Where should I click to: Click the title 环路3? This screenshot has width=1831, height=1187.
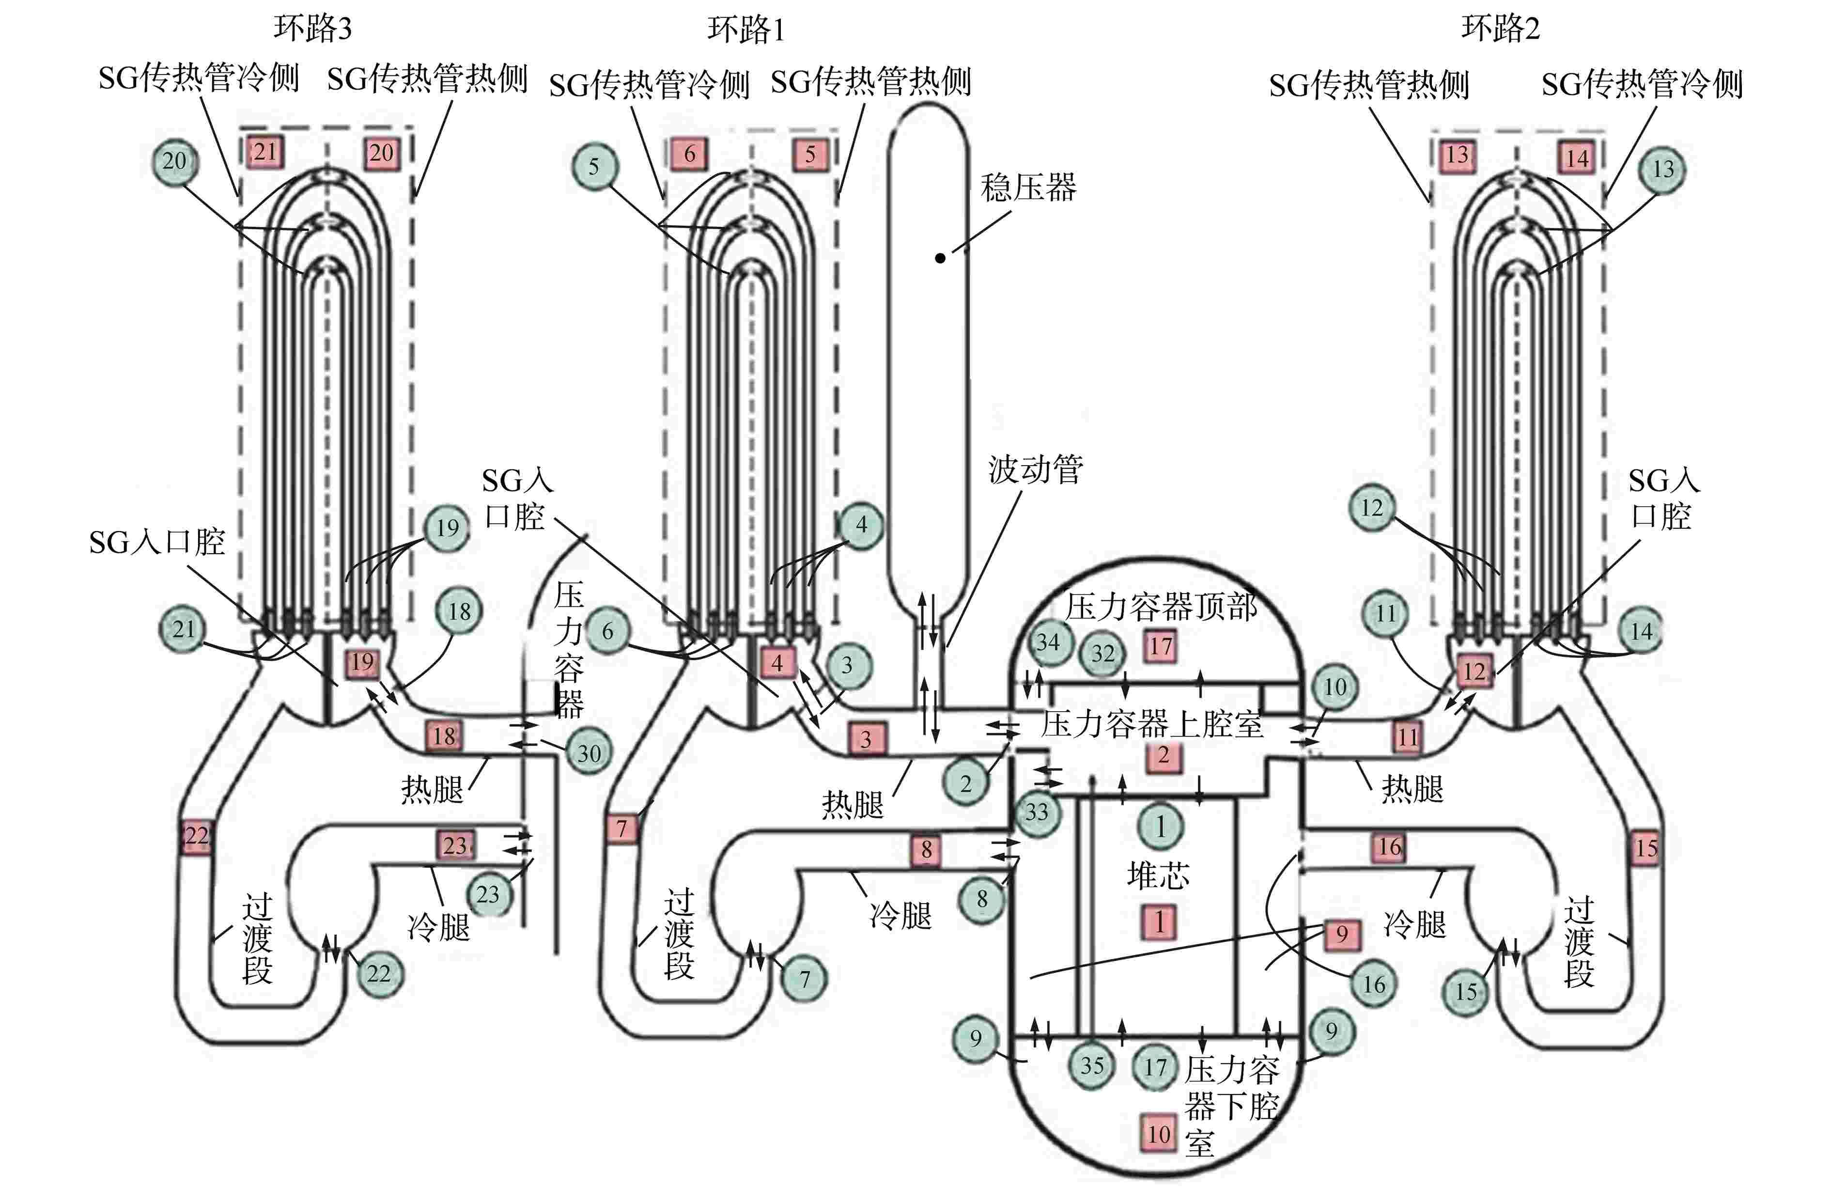click(x=312, y=29)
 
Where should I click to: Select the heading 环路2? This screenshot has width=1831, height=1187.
click(x=1500, y=29)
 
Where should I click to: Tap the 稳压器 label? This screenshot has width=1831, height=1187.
click(x=1028, y=187)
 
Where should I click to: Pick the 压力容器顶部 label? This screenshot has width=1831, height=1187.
click(x=1160, y=608)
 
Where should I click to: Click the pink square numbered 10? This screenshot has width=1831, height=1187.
click(x=1159, y=1133)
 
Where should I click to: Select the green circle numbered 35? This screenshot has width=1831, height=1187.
click(x=1092, y=1065)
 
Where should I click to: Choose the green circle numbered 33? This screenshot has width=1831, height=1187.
click(x=1036, y=812)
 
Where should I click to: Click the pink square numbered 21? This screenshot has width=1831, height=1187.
click(x=265, y=152)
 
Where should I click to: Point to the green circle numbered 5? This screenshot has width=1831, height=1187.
click(x=594, y=166)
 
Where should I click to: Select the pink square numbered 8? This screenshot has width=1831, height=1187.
click(x=926, y=849)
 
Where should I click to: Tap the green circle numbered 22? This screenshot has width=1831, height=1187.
click(x=379, y=974)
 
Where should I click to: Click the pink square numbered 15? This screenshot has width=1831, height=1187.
click(x=1645, y=848)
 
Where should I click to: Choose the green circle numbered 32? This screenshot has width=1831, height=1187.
click(x=1102, y=653)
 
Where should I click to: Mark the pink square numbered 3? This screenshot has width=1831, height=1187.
click(x=866, y=738)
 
